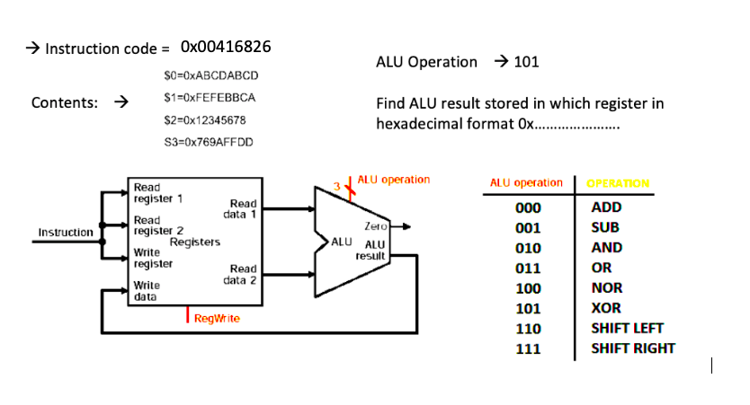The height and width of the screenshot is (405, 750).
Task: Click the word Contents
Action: point(65,102)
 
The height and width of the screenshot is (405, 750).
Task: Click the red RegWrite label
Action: point(217,319)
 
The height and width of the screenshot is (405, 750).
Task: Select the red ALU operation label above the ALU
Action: point(393,180)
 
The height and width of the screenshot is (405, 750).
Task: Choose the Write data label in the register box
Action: point(147,290)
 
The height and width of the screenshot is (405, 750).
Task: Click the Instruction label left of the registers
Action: point(65,233)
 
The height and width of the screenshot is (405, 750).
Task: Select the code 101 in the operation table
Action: point(529,308)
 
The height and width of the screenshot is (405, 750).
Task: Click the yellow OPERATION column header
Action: point(617,183)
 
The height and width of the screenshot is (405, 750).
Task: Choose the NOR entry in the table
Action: point(604,288)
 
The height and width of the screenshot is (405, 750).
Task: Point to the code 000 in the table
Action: point(529,207)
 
